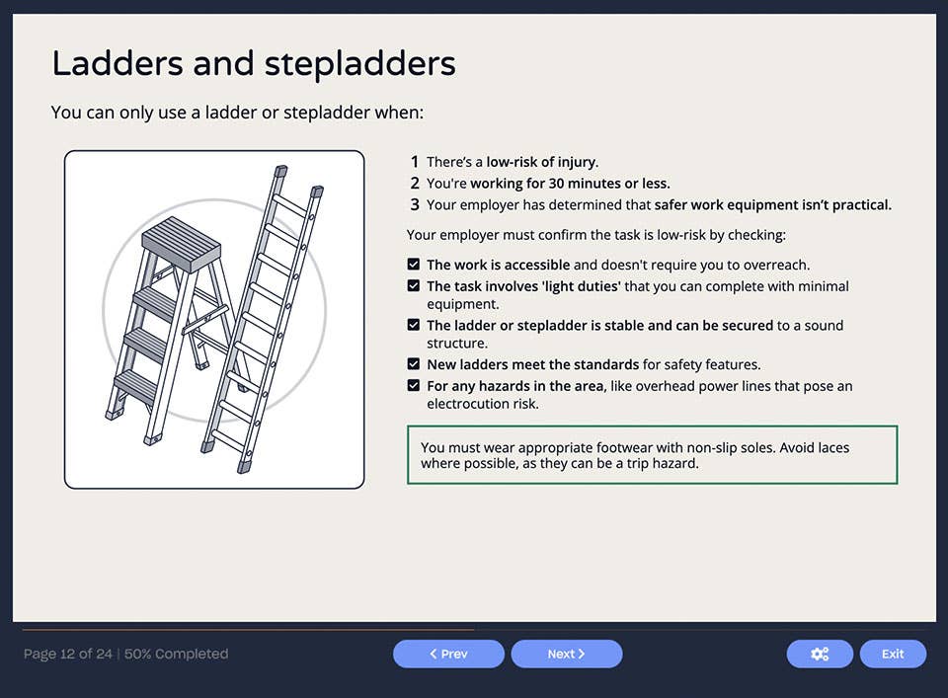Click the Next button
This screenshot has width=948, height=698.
pyautogui.click(x=567, y=654)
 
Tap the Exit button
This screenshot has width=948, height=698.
pyautogui.click(x=893, y=654)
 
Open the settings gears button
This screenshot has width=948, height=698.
pyautogui.click(x=820, y=654)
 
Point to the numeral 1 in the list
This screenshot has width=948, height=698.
pyautogui.click(x=415, y=162)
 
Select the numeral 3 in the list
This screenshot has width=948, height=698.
pyautogui.click(x=415, y=205)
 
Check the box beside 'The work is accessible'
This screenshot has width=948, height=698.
pyautogui.click(x=414, y=265)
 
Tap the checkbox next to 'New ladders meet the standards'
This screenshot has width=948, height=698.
pyautogui.click(x=414, y=364)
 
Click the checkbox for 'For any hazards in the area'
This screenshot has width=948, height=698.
pyautogui.click(x=414, y=385)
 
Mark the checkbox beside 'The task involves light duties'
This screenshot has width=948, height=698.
pyautogui.click(x=414, y=286)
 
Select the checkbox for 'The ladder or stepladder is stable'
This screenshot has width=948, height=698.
pyautogui.click(x=414, y=325)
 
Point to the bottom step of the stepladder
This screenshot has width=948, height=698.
pyautogui.click(x=135, y=385)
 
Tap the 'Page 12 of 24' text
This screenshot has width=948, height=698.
pyautogui.click(x=69, y=654)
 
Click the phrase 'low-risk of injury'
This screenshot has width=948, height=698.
pyautogui.click(x=541, y=162)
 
